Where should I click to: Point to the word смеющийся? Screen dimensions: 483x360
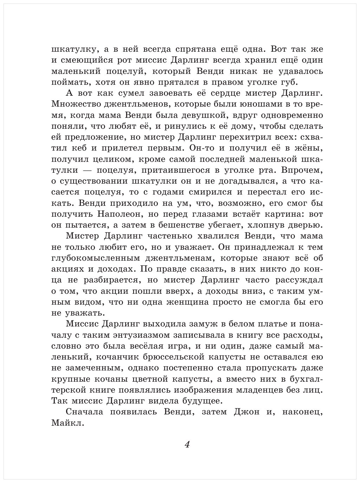coord(89,60)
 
